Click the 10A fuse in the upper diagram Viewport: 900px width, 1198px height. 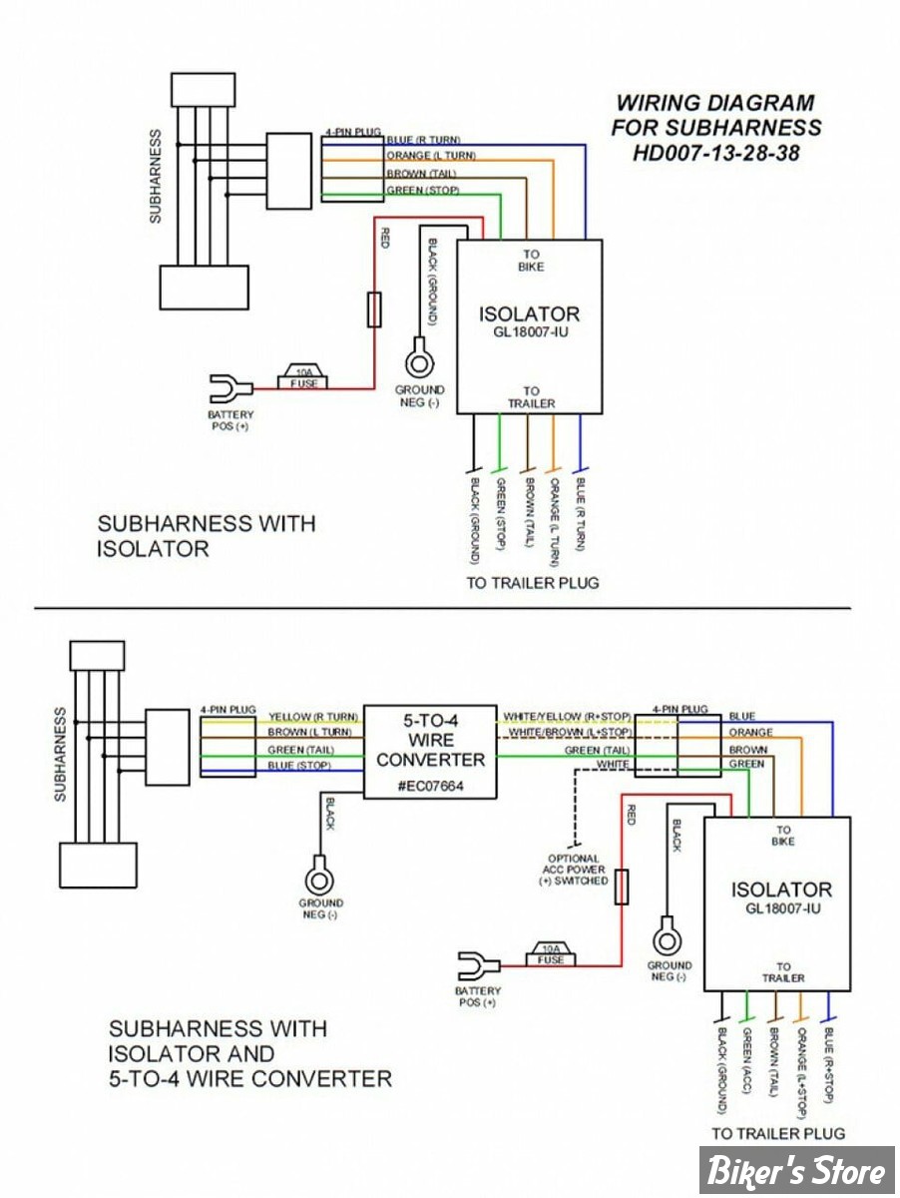(x=305, y=376)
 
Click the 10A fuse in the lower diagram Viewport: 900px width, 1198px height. (x=551, y=953)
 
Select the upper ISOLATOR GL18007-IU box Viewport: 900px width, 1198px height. (x=529, y=325)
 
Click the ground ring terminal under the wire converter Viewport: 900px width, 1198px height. (x=319, y=880)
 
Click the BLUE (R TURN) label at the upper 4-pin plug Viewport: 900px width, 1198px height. (x=422, y=140)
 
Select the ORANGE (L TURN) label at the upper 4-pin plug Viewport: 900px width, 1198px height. (x=431, y=157)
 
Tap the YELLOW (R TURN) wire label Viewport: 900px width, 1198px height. (x=313, y=717)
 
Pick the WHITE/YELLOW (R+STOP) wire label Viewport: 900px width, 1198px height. (x=566, y=717)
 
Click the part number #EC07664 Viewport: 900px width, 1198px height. (x=429, y=787)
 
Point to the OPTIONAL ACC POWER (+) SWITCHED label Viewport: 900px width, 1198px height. (x=574, y=870)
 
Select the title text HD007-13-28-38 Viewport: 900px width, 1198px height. (x=716, y=154)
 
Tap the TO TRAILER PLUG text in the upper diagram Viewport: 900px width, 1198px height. (x=533, y=582)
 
